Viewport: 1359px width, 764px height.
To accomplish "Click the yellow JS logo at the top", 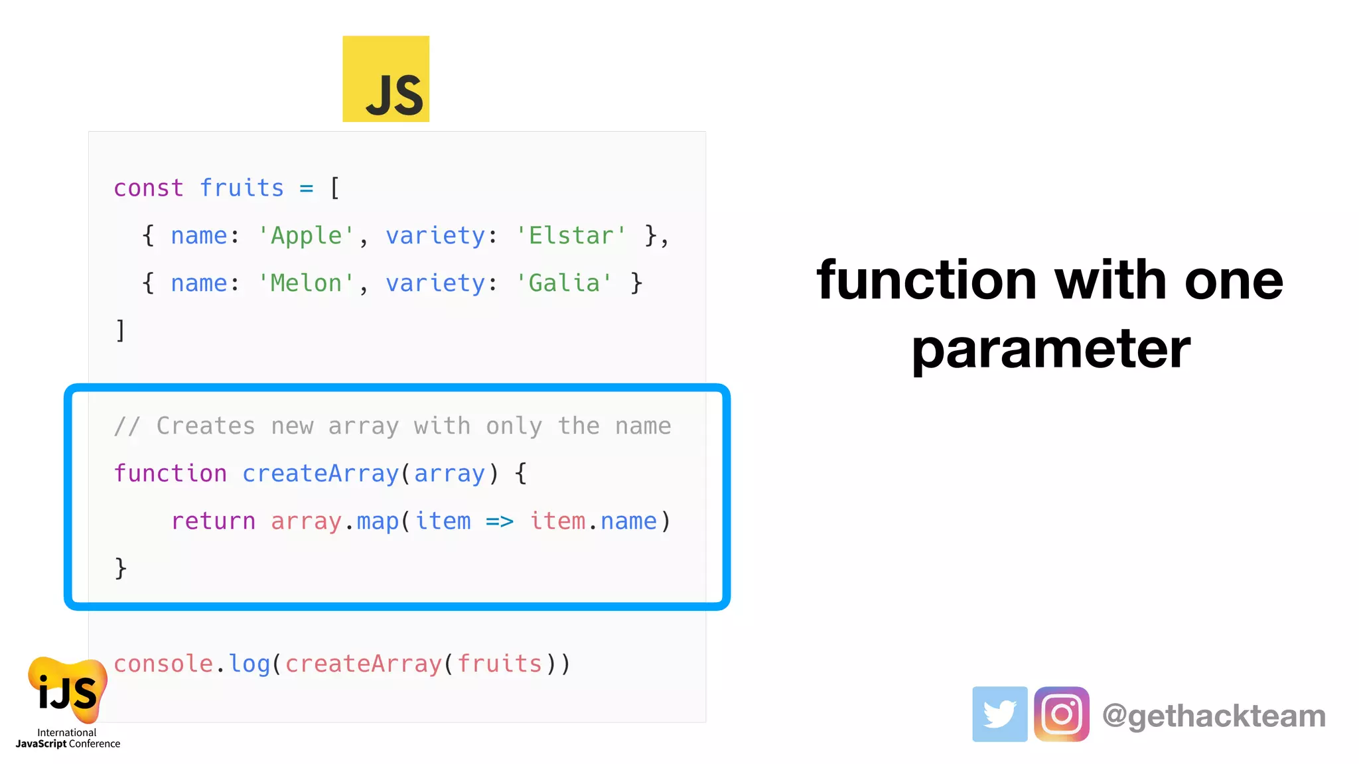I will (386, 79).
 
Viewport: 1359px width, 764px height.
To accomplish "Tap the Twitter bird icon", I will (999, 714).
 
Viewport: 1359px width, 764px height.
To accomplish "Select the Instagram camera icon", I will (1061, 714).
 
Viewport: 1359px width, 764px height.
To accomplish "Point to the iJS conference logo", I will (67, 693).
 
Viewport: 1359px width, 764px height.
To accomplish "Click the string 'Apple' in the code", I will (307, 236).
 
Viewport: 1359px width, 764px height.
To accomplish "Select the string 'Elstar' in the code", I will (571, 236).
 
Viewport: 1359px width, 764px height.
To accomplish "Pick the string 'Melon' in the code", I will (307, 284).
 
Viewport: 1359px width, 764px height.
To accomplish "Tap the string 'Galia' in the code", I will (564, 284).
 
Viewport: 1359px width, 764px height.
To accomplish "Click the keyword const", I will (148, 188).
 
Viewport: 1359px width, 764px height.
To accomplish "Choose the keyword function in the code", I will (170, 474).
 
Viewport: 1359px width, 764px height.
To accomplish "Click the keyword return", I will (213, 521).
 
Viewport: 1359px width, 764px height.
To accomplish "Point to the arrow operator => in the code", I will (500, 522).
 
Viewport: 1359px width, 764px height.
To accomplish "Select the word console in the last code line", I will (163, 664).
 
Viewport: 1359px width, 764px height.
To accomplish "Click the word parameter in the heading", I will (1050, 350).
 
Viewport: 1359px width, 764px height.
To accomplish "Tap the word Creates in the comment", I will (206, 426).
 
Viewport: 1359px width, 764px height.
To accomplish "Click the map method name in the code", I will (378, 522).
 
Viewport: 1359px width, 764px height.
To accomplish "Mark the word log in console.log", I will (250, 664).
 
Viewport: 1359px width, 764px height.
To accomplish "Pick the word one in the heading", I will (1234, 281).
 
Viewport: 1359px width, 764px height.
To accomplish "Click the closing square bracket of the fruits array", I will (120, 330).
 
